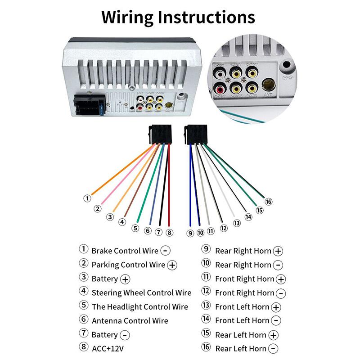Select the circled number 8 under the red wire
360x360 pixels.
pos(169,233)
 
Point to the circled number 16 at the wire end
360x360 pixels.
pos(269,201)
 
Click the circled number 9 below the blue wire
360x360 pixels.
pos(190,233)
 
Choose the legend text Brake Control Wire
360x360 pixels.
pos(125,251)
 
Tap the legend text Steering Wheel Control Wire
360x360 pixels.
pos(141,292)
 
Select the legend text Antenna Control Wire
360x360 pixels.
pos(130,321)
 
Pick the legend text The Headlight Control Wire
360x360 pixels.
pos(139,307)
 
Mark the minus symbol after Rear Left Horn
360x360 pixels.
pos(273,349)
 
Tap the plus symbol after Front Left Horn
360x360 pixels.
pos(276,307)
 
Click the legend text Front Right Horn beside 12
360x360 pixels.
pos(244,293)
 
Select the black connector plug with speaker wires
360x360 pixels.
pos(195,134)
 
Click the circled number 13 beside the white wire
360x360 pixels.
pos(237,222)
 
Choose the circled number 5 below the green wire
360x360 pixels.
pos(135,228)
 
